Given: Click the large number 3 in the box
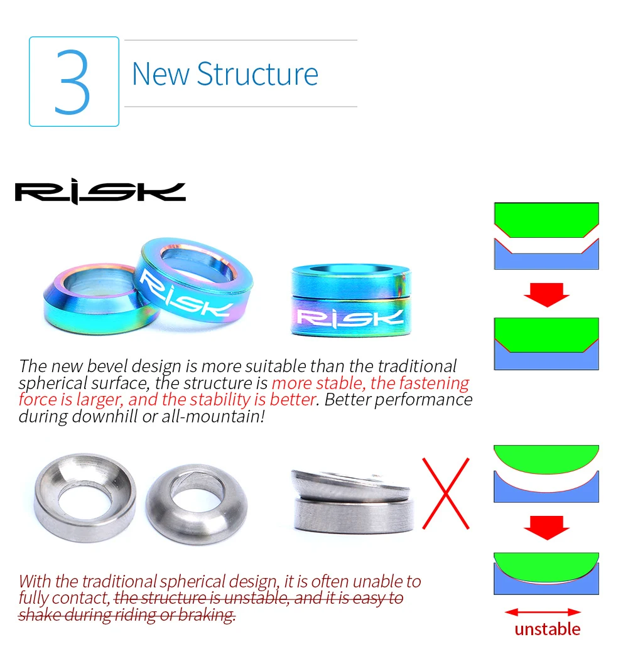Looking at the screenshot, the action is click(x=73, y=82).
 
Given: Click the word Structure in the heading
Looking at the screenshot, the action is click(x=257, y=74).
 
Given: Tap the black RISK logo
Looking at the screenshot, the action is click(x=100, y=192).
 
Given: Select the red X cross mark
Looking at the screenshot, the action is click(x=445, y=493).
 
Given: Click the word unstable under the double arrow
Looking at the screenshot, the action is click(x=547, y=629).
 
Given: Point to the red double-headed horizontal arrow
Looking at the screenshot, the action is click(x=543, y=612).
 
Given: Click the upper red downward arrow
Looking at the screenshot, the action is click(x=546, y=294).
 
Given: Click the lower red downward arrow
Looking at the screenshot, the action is click(x=546, y=527).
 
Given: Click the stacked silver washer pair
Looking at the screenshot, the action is click(x=352, y=502).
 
